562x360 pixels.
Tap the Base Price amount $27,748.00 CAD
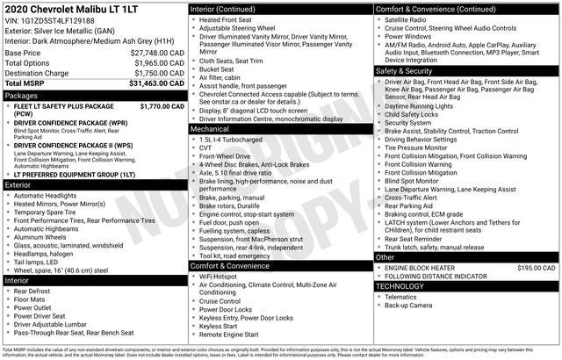(x=155, y=53)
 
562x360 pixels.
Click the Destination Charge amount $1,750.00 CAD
(x=156, y=73)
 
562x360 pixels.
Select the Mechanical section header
(x=210, y=128)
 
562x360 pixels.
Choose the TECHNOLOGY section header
(x=400, y=286)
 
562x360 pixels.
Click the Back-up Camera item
(x=408, y=306)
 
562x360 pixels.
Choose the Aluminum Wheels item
(x=40, y=237)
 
